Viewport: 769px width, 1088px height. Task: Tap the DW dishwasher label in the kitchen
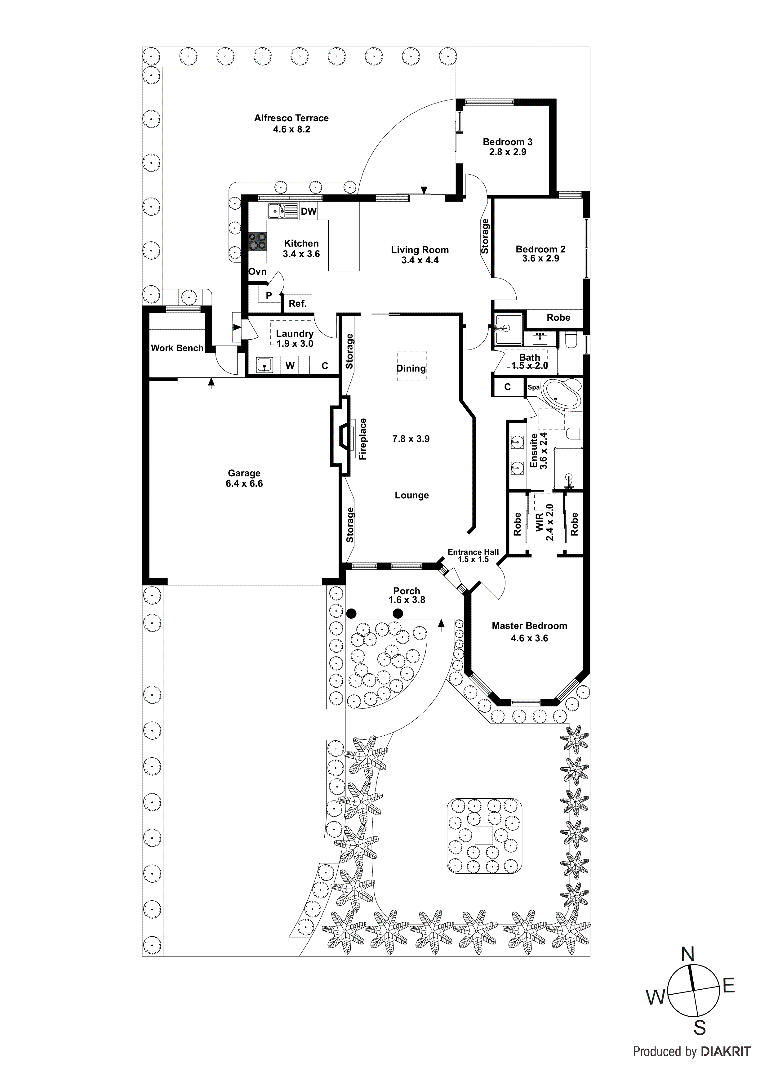309,211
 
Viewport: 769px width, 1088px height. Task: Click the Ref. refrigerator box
298,303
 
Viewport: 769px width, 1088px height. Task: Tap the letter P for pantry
269,296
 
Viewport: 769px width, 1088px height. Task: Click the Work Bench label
177,348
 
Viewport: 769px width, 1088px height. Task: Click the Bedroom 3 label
508,142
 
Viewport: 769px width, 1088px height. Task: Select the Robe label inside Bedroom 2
558,318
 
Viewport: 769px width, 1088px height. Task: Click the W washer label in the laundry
290,366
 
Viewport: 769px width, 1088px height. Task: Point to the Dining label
411,368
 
